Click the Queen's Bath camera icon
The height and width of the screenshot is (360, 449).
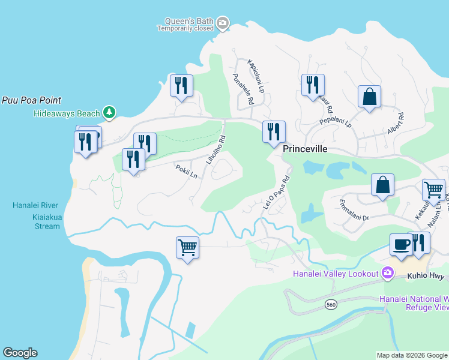coord(223,23)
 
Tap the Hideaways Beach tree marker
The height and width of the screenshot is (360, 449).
coord(109,112)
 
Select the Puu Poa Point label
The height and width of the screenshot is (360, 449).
coord(31,101)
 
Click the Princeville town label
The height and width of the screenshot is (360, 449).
coord(305,149)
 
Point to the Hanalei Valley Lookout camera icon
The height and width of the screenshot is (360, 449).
coord(387,274)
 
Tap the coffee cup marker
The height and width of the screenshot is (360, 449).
coord(401,245)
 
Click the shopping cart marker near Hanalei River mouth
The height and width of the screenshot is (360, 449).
coord(187,247)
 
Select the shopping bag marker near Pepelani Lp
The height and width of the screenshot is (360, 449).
coord(369,97)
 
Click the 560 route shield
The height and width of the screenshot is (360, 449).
coord(331,305)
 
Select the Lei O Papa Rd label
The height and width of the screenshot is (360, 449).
coord(277,193)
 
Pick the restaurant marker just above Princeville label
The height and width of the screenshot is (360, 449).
coord(274,131)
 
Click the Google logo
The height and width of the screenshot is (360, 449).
coord(20,353)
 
